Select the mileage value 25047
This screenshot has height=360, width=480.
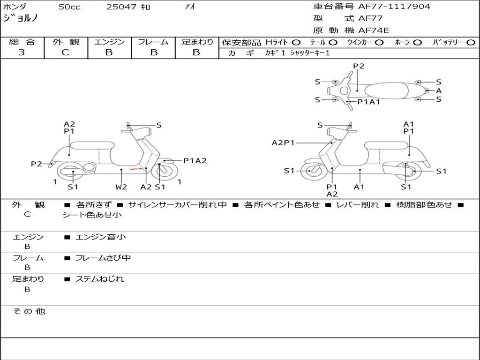(121, 7)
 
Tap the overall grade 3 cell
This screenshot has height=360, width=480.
(22, 52)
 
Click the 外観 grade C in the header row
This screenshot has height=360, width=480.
(66, 52)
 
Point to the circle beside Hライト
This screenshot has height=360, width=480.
(296, 42)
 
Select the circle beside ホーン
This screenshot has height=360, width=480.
(417, 42)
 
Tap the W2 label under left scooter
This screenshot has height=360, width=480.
(121, 187)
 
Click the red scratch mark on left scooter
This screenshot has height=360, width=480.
(136, 169)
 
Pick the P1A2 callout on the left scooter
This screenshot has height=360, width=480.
(195, 161)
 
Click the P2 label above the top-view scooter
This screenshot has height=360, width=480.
(359, 66)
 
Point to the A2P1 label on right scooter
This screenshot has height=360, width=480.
(283, 142)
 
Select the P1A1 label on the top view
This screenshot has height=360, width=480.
(368, 102)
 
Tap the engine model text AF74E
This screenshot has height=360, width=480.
(374, 30)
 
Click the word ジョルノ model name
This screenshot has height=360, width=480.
(21, 19)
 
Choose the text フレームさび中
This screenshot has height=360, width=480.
(103, 258)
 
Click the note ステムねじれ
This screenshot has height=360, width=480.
(99, 279)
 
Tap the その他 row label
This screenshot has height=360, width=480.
(29, 311)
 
